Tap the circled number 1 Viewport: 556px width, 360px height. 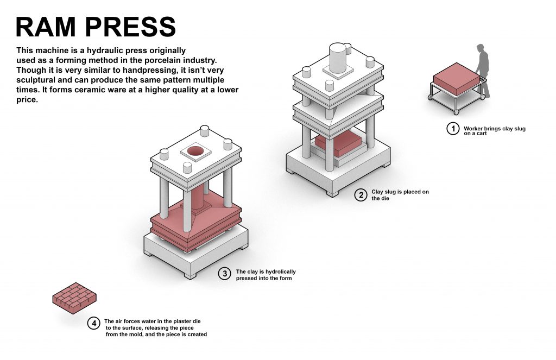[452, 129]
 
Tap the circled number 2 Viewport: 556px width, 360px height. [361, 195]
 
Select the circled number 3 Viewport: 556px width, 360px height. [225, 274]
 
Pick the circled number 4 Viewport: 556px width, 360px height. [94, 324]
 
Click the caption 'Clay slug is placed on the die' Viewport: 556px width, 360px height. [400, 195]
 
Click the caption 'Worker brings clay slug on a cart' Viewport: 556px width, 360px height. [494, 130]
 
